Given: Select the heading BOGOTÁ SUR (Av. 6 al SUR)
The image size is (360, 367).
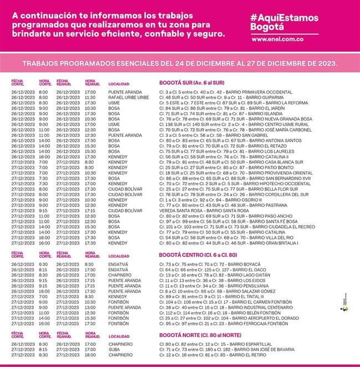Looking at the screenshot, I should click(192, 82).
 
